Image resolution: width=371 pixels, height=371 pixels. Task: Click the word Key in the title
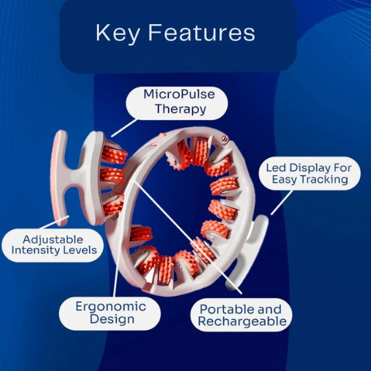tap(117, 33)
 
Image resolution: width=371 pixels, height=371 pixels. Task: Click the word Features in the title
tap(202, 33)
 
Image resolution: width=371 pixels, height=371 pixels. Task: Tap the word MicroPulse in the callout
tap(179, 94)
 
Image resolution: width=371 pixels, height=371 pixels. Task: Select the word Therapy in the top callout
tap(180, 109)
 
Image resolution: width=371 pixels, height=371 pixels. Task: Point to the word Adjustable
tap(53, 240)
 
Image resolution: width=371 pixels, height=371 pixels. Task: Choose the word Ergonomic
tap(111, 307)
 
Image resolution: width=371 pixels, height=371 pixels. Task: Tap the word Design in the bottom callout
tap(112, 319)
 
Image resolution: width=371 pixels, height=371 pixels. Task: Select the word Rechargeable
tap(243, 322)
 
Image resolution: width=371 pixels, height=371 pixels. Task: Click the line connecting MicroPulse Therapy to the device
tap(124, 128)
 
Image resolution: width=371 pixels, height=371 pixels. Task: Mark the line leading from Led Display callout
tap(282, 203)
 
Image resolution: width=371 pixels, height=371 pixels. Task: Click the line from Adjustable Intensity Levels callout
tap(55, 222)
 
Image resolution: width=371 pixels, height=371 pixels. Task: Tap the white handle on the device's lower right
tap(249, 251)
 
